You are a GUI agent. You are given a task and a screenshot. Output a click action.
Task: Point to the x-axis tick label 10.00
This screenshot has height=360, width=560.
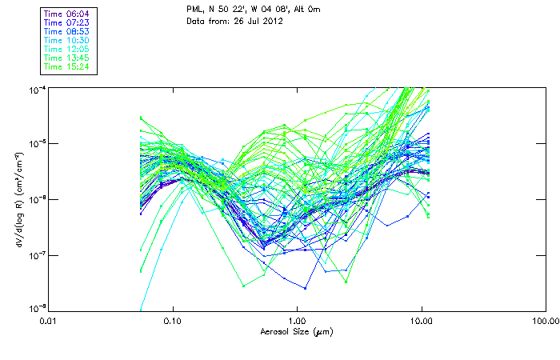[x=422, y=322]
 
